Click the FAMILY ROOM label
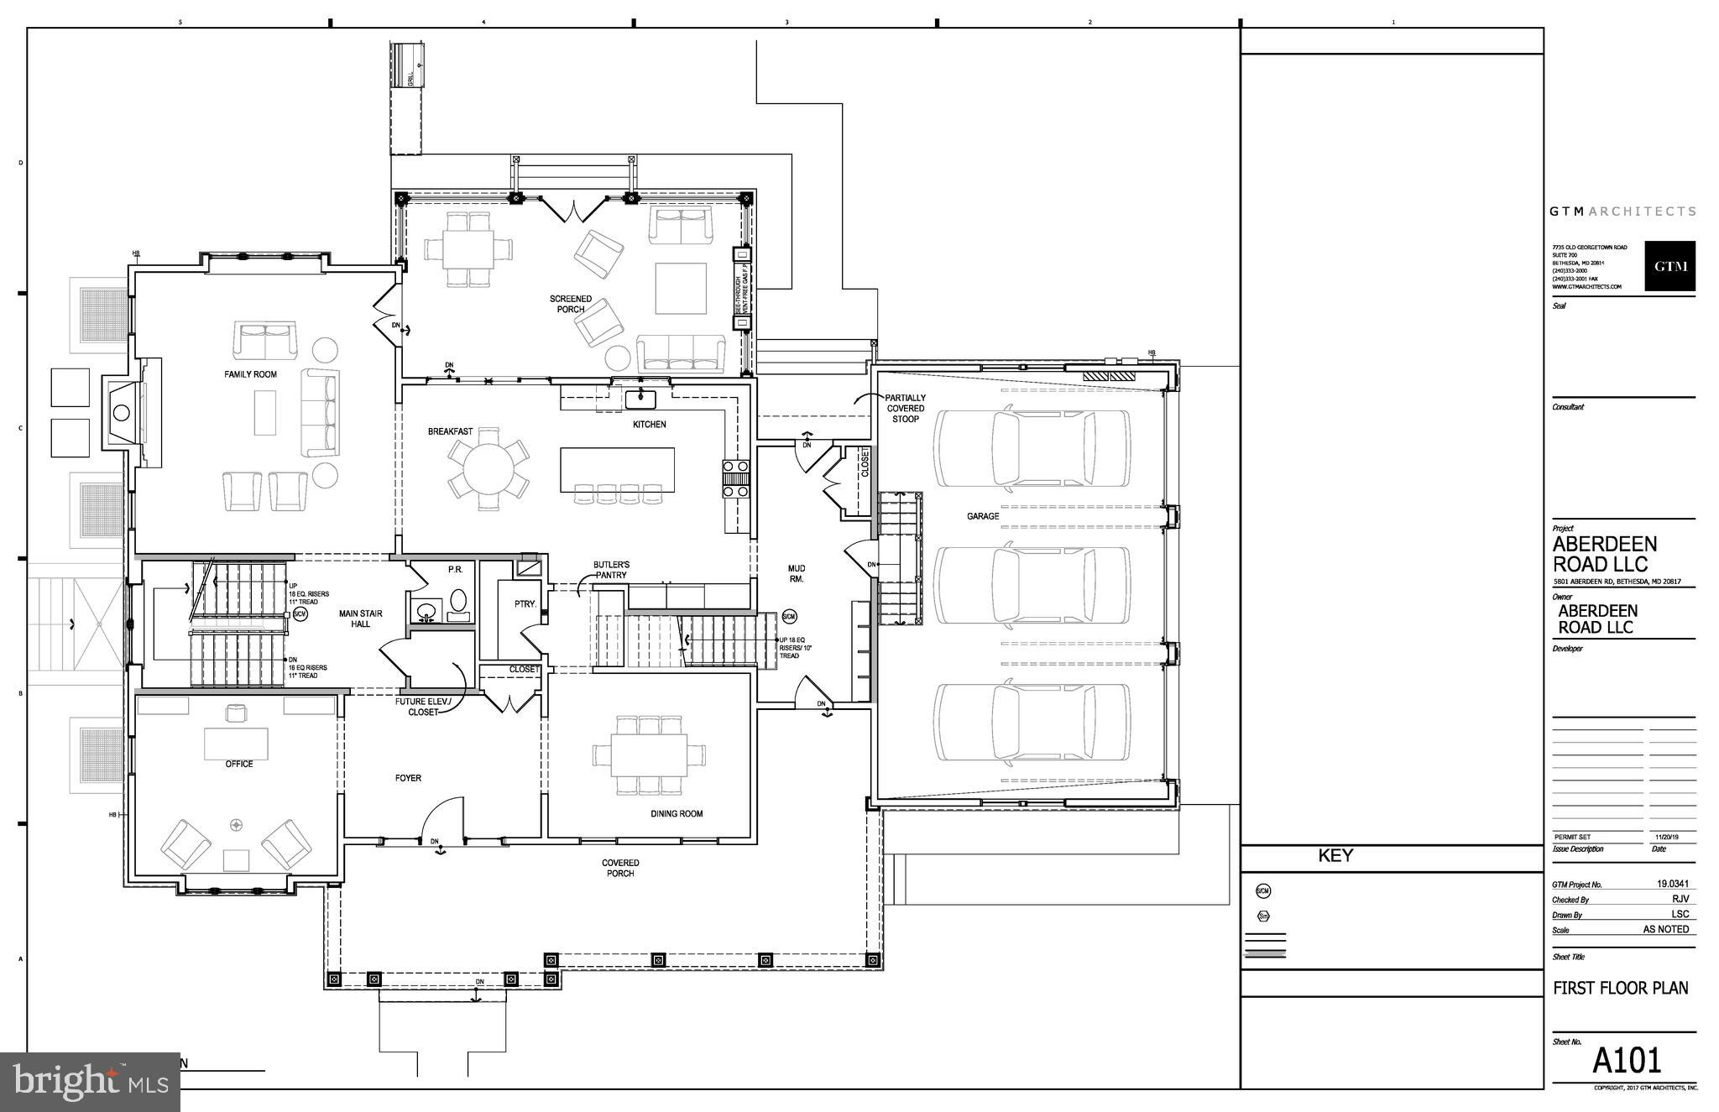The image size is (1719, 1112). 250,374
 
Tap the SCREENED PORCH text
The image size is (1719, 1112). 571,304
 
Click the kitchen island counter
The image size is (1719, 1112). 617,469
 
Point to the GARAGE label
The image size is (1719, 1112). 982,516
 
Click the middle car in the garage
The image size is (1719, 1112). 1032,585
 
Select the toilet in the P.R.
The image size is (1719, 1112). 458,601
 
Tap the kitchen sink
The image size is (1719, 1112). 643,395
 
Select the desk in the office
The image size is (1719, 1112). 237,742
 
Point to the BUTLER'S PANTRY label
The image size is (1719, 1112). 611,570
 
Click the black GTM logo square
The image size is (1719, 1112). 1669,266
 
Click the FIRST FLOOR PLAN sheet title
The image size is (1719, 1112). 1620,988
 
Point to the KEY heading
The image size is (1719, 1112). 1335,856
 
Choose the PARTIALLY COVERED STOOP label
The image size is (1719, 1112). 905,408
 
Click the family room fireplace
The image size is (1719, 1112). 123,412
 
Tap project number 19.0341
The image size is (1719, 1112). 1672,884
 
